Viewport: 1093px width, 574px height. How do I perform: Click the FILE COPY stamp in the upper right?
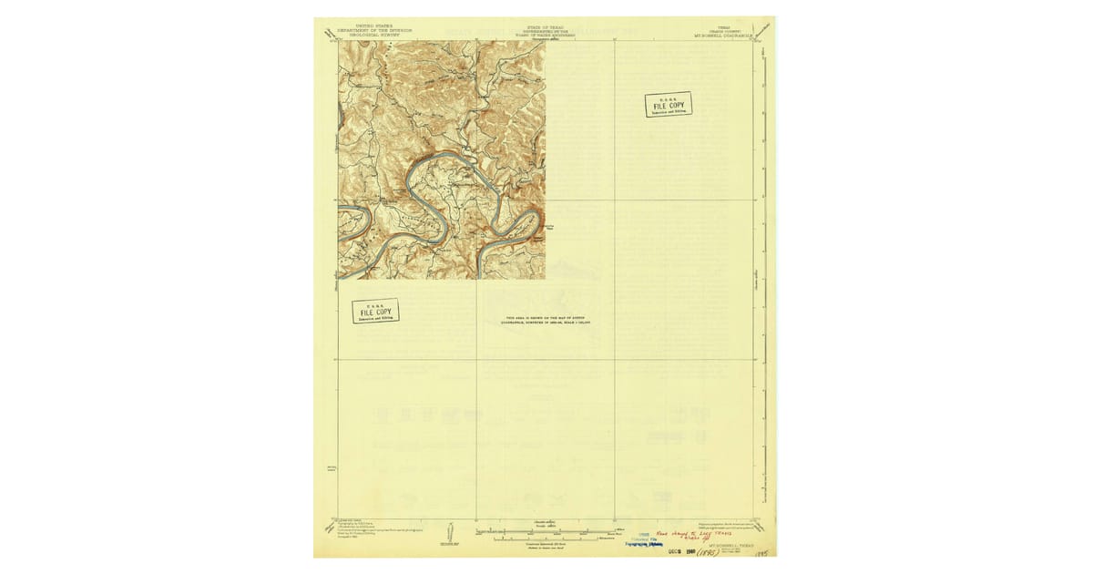(668, 105)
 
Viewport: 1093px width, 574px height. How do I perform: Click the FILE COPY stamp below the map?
(375, 313)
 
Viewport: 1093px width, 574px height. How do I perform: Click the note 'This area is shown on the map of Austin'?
(546, 320)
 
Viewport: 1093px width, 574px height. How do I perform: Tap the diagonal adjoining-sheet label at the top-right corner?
(763, 30)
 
